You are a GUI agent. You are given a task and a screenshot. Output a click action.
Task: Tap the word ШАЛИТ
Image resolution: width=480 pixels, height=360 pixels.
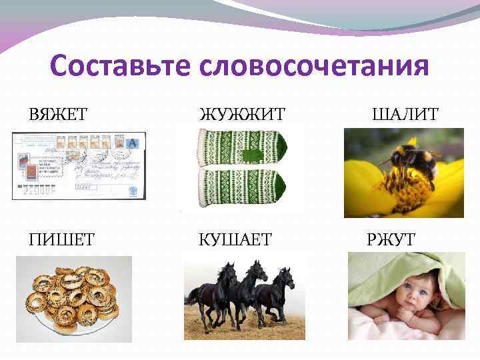pos(405,115)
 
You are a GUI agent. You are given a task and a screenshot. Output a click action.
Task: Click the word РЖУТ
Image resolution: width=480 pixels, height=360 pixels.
pos(391,239)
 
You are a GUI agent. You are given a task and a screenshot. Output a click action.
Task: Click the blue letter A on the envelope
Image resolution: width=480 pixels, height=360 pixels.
pos(132,143)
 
